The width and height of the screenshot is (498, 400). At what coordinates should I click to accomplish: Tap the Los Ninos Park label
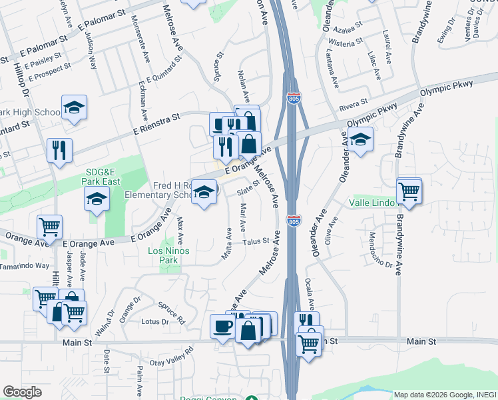click(x=168, y=255)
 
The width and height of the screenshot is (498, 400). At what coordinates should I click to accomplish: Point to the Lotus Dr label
click(x=154, y=322)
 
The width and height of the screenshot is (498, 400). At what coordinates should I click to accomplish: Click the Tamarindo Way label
click(x=25, y=265)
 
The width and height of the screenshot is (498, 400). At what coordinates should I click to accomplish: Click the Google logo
click(x=22, y=392)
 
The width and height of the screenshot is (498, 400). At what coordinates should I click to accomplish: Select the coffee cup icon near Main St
click(x=222, y=326)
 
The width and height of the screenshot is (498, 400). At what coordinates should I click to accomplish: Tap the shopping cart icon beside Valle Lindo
click(x=409, y=191)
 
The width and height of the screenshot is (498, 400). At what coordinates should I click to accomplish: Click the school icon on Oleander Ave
click(x=360, y=140)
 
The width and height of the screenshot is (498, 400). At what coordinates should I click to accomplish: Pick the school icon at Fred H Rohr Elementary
click(x=204, y=192)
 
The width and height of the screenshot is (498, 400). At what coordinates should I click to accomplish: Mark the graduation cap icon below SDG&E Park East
click(x=97, y=199)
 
